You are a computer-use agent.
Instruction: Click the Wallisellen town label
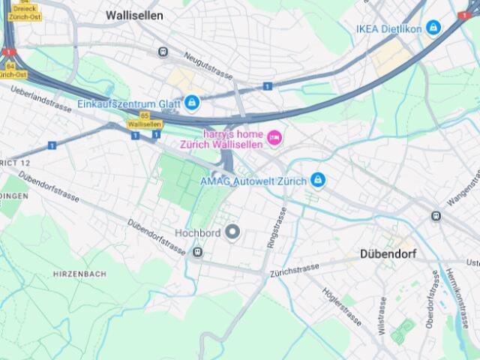[134, 15]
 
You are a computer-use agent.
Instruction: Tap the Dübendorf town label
[388, 254]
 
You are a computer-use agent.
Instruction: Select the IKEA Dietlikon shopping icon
[433, 28]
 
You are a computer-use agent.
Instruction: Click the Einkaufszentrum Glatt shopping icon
[192, 102]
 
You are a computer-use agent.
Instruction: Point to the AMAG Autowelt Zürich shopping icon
[317, 180]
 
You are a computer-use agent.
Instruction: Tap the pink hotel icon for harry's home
[274, 136]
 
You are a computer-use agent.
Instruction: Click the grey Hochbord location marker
[232, 232]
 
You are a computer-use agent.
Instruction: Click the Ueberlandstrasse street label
[41, 98]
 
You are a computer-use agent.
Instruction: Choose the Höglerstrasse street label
[342, 306]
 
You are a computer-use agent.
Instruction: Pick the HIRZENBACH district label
[80, 274]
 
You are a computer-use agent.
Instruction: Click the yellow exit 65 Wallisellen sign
[143, 121]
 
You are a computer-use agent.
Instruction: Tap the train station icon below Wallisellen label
[163, 52]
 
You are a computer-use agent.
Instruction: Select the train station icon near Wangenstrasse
[436, 216]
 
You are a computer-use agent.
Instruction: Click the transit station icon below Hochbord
[197, 252]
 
